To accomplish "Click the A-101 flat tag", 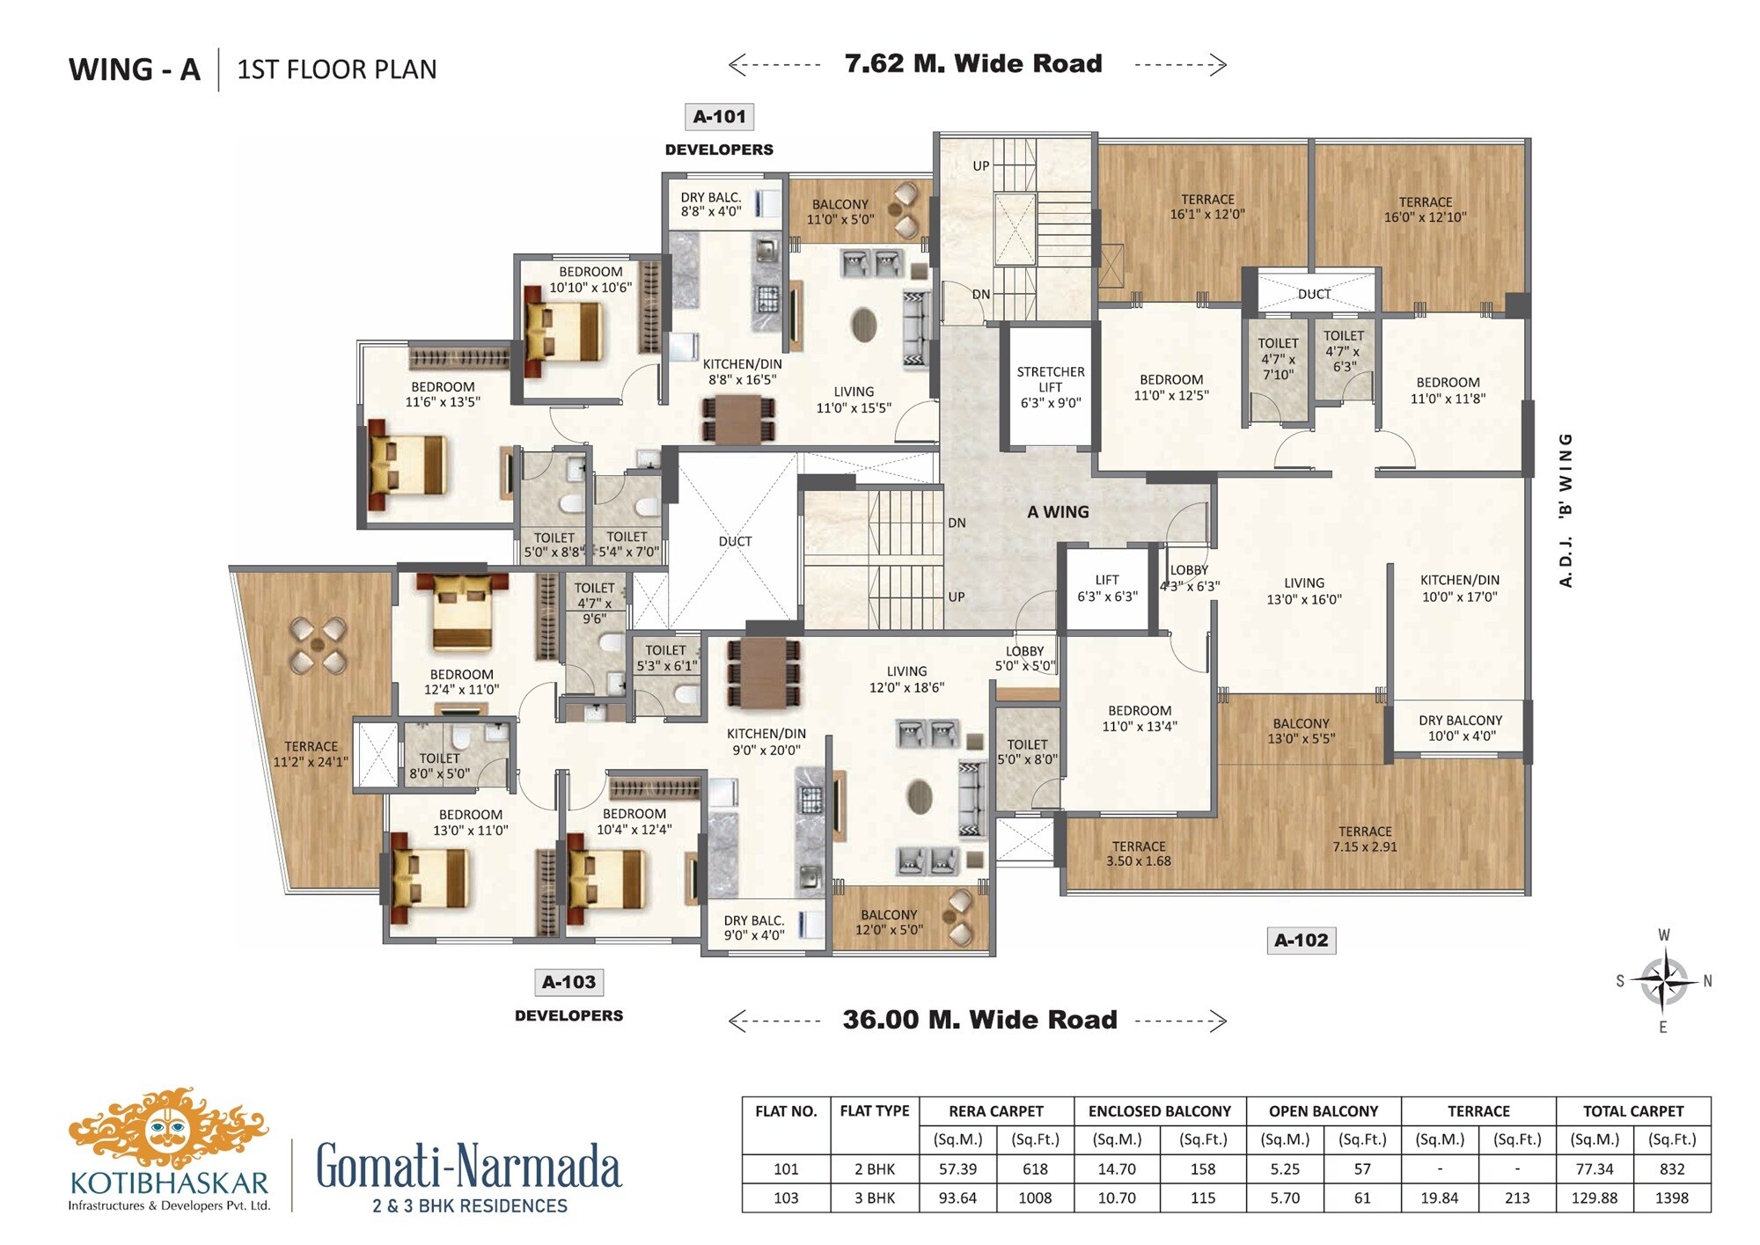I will pos(719,117).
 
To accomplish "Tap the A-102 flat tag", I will pos(1301,940).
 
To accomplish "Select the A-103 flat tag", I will pos(568,982).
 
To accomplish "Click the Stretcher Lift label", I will pos(1050,387).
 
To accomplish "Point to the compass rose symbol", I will pos(1663,980).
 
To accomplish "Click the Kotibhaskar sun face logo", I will pos(167,1128).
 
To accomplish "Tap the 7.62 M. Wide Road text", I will pos(972,63).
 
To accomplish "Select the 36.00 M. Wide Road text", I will pos(979,1020).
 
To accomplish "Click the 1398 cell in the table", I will pos(1671,1197).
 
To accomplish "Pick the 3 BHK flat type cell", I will pos(874,1197).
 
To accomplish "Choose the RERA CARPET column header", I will pos(995,1111).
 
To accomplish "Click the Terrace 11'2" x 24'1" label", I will pos(311,754).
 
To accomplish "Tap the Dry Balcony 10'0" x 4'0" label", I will pos(1460,728).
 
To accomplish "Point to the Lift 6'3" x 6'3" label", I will pos(1107,588).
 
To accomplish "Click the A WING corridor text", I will pos(1058,512).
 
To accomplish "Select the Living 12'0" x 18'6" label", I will pos(906,679).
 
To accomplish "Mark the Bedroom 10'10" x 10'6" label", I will pos(590,280).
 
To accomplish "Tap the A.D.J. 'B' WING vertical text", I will pos(1566,510).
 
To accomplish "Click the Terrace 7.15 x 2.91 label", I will pos(1364,839).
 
